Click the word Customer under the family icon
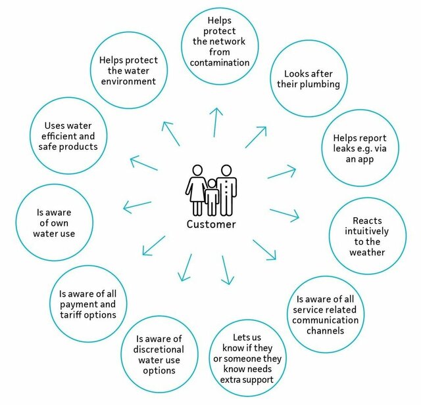(x=210, y=224)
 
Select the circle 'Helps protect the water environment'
(x=128, y=71)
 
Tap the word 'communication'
(x=326, y=320)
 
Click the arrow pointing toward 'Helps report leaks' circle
(x=282, y=173)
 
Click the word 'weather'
(x=367, y=253)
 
